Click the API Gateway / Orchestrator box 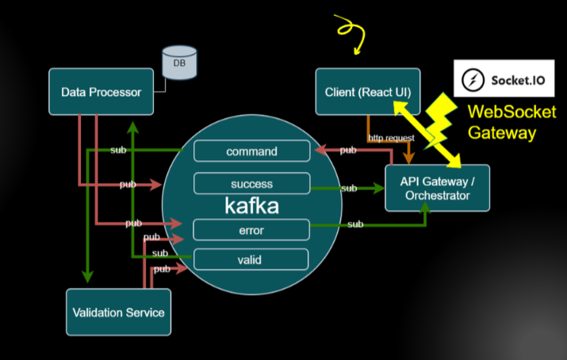coord(437,188)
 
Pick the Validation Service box coord(117,312)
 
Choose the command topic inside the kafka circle coord(251,151)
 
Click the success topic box coord(251,184)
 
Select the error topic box coord(251,231)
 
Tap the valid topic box coord(251,259)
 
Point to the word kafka coord(251,207)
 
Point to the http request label coord(391,138)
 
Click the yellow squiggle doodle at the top coord(350,32)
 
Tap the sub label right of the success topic coord(348,189)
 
